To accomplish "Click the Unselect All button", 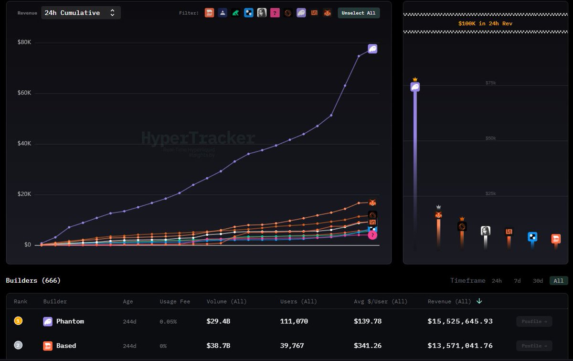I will point(359,13).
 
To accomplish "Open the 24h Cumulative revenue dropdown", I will point(81,13).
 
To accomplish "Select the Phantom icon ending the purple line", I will point(372,49).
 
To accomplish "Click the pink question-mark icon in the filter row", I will point(275,13).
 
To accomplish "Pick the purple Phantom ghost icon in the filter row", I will point(301,13).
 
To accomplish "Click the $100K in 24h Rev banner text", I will point(485,23).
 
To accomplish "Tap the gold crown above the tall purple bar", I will point(415,79).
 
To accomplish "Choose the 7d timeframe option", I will point(517,281).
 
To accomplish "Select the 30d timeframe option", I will point(538,281).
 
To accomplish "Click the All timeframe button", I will point(558,281).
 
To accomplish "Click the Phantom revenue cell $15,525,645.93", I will point(460,321).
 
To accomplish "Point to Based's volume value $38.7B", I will point(218,346).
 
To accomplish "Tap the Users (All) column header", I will point(298,301).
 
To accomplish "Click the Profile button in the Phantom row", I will point(534,321).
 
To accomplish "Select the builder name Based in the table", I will point(66,346).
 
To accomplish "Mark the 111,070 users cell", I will point(294,321).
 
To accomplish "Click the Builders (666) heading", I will point(33,280).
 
